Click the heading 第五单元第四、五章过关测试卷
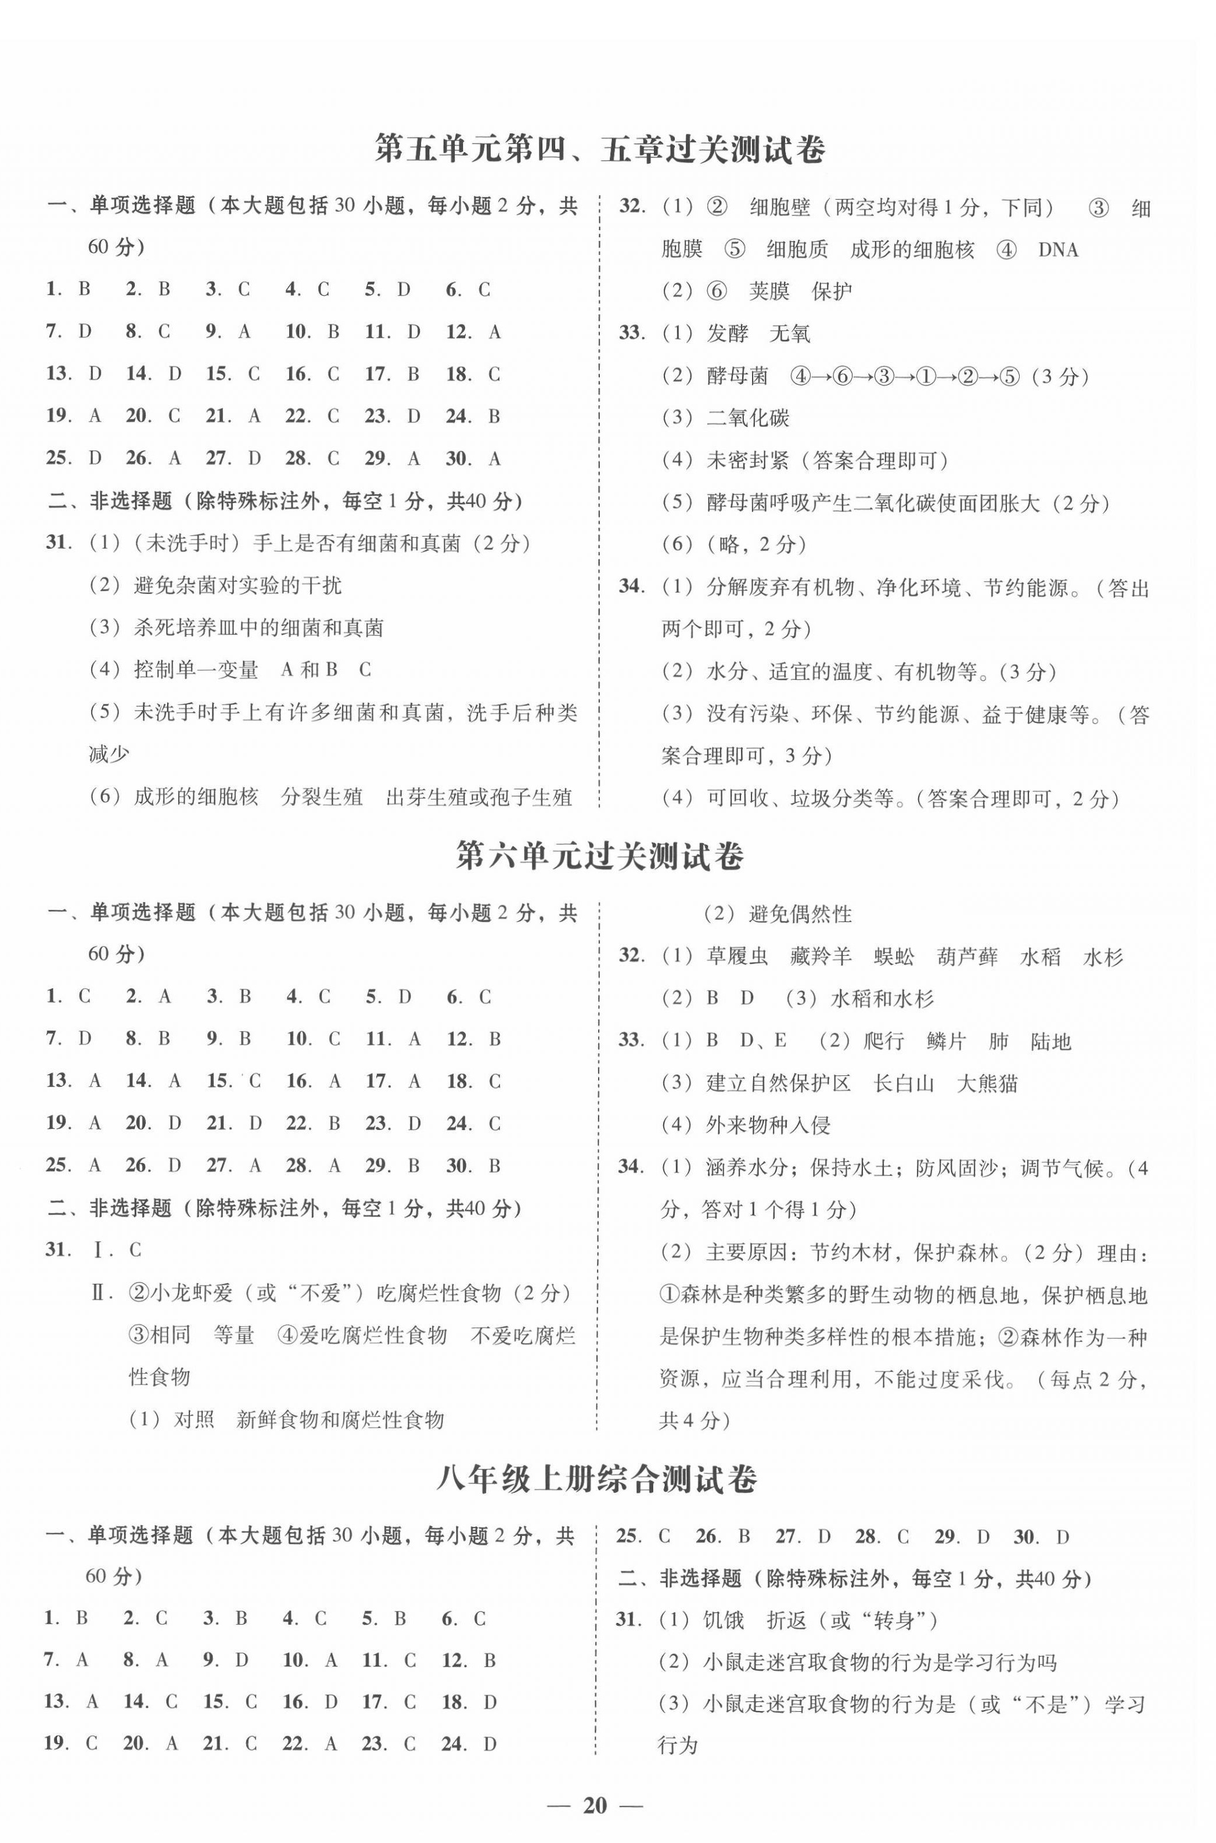pos(599,149)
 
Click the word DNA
pos(1058,250)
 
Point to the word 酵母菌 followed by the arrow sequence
pos(737,377)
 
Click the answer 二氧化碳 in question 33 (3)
pos(747,419)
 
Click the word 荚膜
pos(768,291)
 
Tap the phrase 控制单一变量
pos(196,670)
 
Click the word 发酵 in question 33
pos(728,334)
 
